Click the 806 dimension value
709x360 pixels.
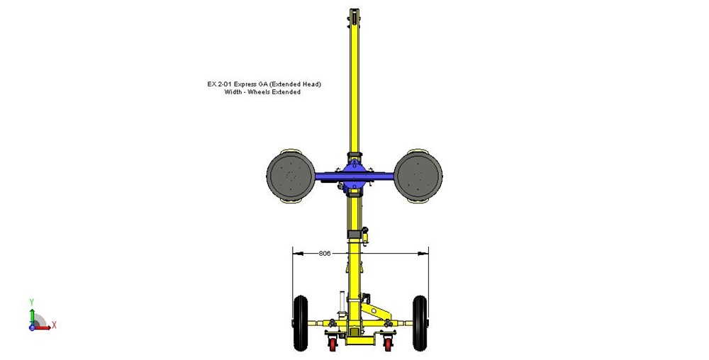pyautogui.click(x=325, y=254)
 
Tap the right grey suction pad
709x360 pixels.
pyautogui.click(x=418, y=176)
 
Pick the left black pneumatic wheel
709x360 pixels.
pyautogui.click(x=300, y=323)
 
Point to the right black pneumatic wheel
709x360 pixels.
pyautogui.click(x=420, y=323)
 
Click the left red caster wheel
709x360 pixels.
pyautogui.click(x=333, y=344)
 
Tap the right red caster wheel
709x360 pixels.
pyautogui.click(x=388, y=344)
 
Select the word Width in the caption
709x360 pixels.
pyautogui.click(x=233, y=91)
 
